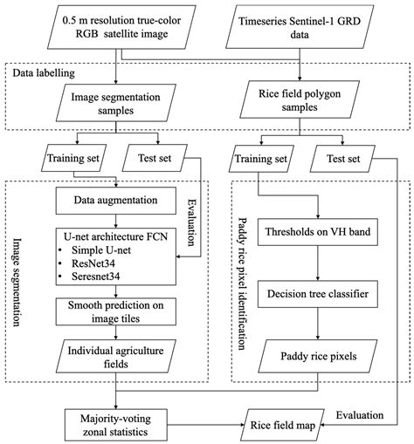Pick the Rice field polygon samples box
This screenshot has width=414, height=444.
(297, 103)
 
